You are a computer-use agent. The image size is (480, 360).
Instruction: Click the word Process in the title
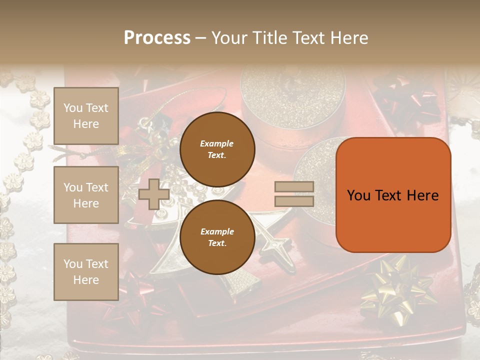(157, 38)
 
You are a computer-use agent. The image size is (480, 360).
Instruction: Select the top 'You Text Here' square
(86, 116)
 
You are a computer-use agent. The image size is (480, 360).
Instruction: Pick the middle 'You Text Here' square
(86, 195)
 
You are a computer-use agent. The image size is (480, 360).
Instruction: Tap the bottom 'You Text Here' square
(86, 271)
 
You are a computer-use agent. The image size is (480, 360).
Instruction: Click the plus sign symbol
(153, 194)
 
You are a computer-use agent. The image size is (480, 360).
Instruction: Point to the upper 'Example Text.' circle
(217, 149)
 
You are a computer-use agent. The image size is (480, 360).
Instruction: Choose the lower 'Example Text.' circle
(217, 237)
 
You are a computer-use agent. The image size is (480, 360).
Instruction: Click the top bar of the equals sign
(294, 186)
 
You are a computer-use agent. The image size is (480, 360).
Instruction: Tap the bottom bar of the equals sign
(294, 201)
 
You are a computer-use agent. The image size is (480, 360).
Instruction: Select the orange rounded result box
(393, 195)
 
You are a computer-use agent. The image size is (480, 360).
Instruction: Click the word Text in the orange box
(393, 195)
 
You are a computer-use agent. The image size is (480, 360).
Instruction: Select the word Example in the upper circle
(216, 143)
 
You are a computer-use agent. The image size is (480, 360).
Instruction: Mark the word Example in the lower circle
(216, 231)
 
